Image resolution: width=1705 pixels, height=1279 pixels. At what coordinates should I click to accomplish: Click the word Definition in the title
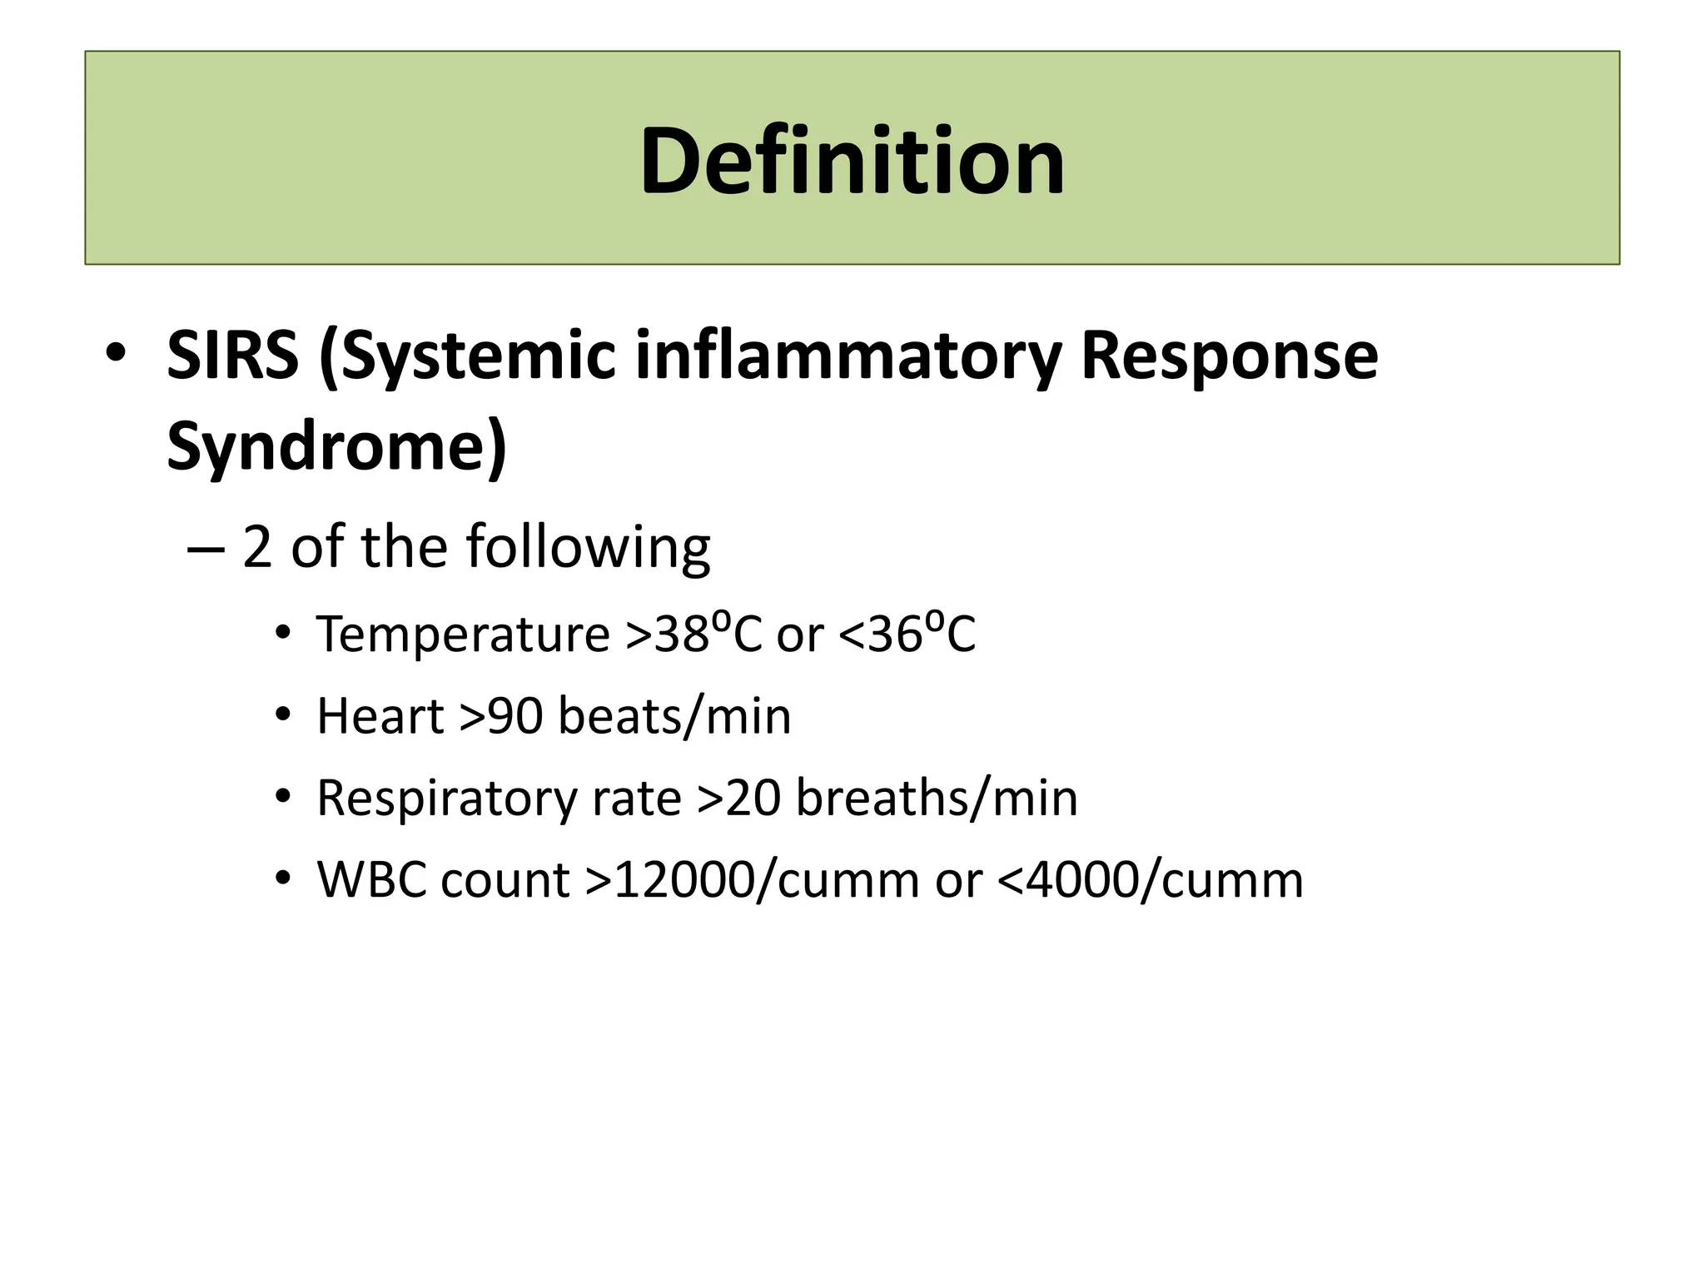pos(852,160)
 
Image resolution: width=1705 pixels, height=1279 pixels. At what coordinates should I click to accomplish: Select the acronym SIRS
pos(232,356)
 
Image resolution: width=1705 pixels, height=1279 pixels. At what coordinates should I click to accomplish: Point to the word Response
pos(1229,356)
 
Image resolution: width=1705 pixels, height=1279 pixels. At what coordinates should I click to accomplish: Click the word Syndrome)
pos(336,446)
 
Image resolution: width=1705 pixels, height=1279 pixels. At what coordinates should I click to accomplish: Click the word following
pos(588,548)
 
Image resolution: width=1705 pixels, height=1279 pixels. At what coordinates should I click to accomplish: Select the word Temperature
pos(463,635)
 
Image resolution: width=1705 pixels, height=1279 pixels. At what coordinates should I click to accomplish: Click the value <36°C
pos(907,635)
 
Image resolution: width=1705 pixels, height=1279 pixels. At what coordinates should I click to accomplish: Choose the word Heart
pos(380,716)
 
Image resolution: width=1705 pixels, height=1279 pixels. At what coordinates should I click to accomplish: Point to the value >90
pos(502,716)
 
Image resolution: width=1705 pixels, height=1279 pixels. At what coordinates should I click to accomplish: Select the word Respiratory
pos(446,798)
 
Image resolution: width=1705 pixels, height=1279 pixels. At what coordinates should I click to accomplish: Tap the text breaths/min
pos(937,798)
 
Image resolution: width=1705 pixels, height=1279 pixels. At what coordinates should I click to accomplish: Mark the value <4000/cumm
pos(1150,879)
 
